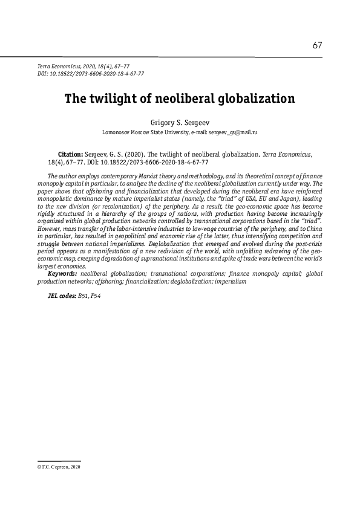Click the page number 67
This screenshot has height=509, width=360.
317,45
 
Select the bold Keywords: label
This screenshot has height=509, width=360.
62,274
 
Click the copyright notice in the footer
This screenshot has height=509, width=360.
59,467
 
